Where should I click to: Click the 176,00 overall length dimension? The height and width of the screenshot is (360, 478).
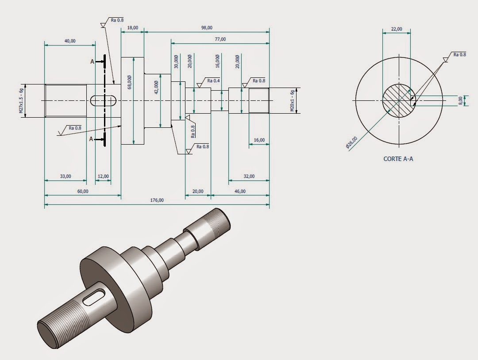[x=157, y=200]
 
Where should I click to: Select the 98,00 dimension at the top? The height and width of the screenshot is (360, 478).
[x=206, y=27]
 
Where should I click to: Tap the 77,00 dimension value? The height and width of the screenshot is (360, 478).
[x=220, y=39]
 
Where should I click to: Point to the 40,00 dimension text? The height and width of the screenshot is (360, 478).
[x=70, y=41]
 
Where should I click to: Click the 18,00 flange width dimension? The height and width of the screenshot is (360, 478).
[x=133, y=27]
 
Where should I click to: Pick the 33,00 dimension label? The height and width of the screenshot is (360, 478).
[x=65, y=176]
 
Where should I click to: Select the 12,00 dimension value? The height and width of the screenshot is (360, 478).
[x=103, y=176]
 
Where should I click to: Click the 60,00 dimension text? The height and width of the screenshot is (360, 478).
[x=83, y=191]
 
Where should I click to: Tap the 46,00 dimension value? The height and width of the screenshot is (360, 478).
[x=240, y=191]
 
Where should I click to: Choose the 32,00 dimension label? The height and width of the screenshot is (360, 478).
[x=249, y=176]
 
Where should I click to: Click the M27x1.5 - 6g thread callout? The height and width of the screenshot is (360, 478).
[x=21, y=101]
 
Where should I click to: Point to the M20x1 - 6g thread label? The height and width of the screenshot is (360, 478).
[x=293, y=101]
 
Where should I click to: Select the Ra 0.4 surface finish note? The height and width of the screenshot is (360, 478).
[x=213, y=80]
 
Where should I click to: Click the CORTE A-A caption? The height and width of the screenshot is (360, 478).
[x=398, y=158]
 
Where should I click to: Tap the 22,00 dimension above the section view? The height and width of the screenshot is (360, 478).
[x=396, y=29]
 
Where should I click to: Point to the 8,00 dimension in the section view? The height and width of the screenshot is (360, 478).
[x=461, y=101]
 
